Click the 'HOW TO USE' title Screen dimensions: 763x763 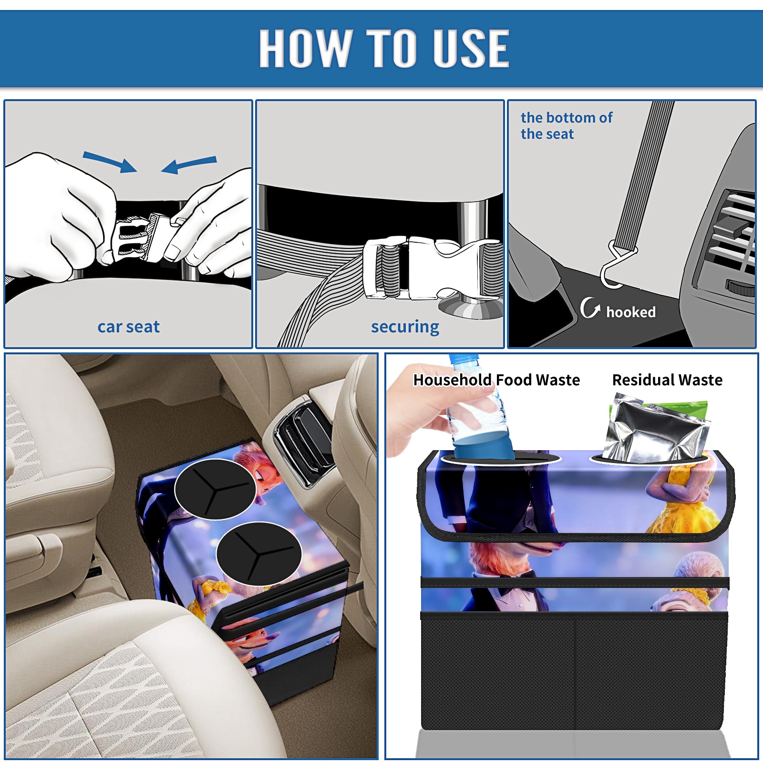pyautogui.click(x=384, y=48)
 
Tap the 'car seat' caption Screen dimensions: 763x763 pyautogui.click(x=128, y=327)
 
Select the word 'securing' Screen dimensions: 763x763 pyautogui.click(x=405, y=327)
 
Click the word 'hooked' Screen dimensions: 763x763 pyautogui.click(x=630, y=312)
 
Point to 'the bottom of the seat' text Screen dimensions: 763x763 pyautogui.click(x=566, y=125)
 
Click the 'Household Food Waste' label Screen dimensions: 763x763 pyautogui.click(x=496, y=380)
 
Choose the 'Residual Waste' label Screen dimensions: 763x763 pyautogui.click(x=667, y=380)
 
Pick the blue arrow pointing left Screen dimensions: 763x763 pyautogui.click(x=189, y=165)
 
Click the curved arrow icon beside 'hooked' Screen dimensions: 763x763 pyautogui.click(x=589, y=308)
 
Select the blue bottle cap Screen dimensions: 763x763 pyautogui.click(x=464, y=359)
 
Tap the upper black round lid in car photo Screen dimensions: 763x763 pyautogui.click(x=215, y=489)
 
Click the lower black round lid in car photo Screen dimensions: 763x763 pyautogui.click(x=258, y=554)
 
